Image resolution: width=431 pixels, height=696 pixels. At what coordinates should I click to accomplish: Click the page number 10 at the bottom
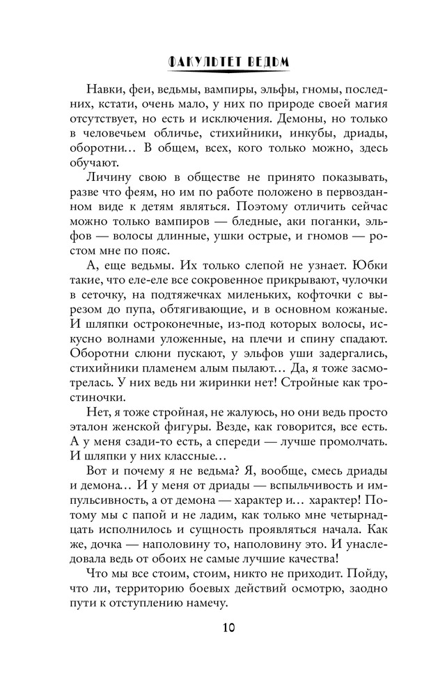tap(215, 627)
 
